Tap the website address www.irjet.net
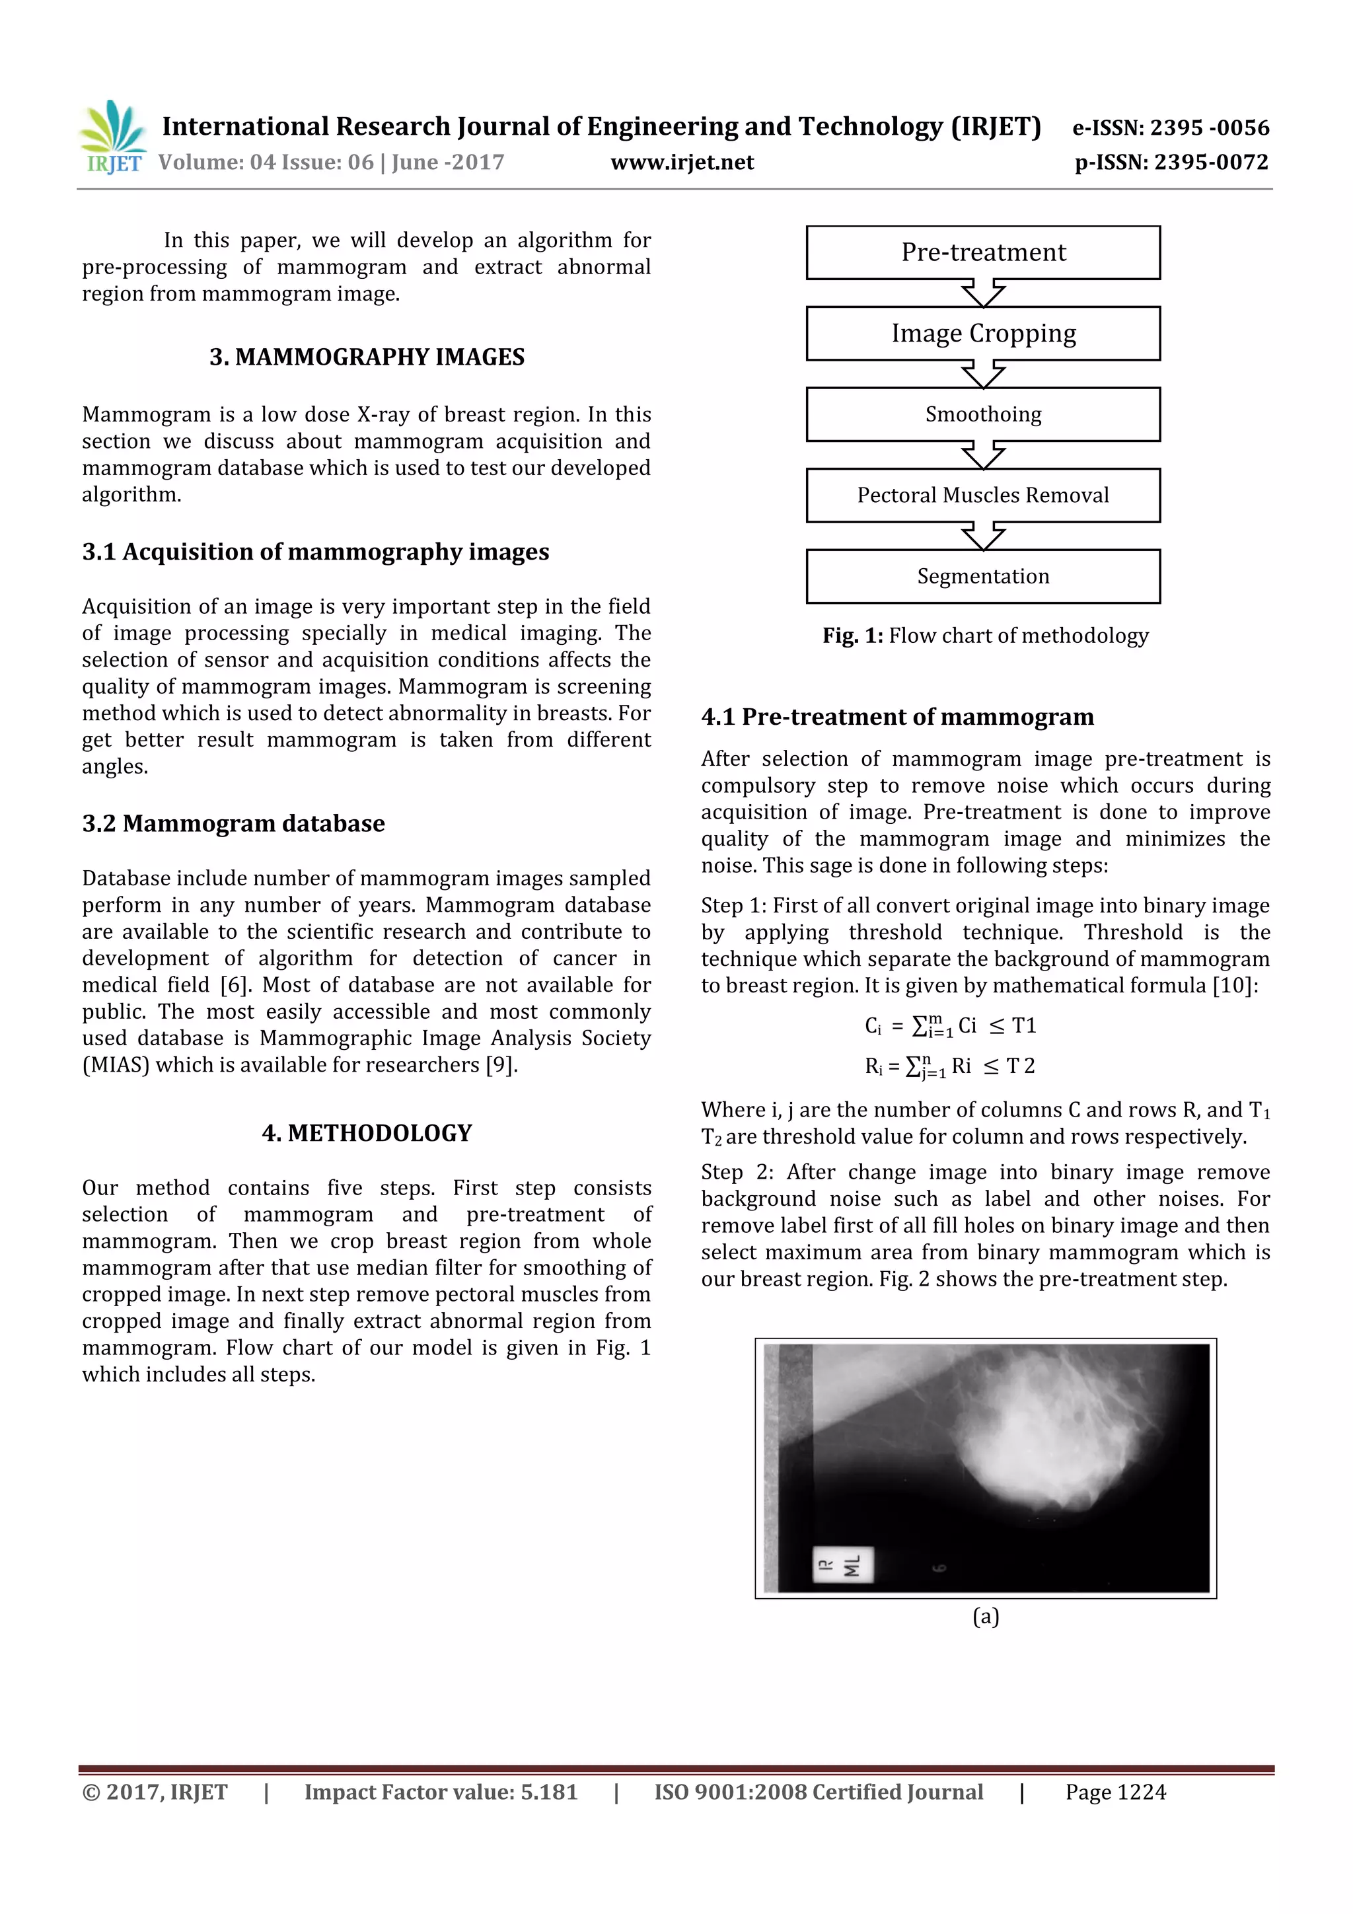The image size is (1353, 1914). pyautogui.click(x=681, y=163)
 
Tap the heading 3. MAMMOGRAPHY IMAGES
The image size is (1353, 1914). pyautogui.click(x=367, y=357)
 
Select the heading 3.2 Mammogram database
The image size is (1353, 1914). pyautogui.click(x=233, y=824)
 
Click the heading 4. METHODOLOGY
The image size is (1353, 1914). pyautogui.click(x=367, y=1133)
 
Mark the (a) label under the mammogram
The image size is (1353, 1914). pyautogui.click(x=986, y=1617)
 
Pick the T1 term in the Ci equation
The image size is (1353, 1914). pyautogui.click(x=1024, y=1025)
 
